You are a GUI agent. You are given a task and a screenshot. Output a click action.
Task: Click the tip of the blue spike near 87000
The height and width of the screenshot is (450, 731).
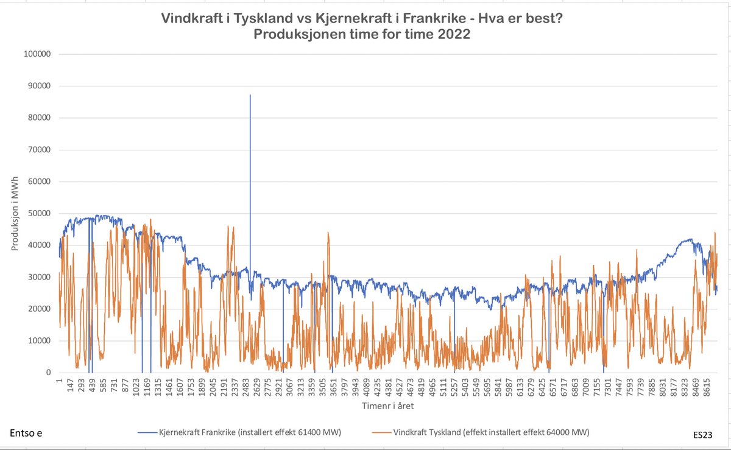250,96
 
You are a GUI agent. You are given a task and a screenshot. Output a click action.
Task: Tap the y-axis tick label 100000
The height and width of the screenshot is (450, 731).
37,54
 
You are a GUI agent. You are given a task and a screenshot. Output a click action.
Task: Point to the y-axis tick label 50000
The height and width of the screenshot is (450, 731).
39,214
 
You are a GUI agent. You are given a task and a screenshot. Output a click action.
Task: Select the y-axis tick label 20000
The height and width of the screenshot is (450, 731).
39,309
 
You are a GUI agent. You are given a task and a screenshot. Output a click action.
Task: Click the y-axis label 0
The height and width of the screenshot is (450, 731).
48,373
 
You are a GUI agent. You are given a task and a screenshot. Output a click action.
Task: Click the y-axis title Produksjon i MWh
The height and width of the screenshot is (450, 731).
15,213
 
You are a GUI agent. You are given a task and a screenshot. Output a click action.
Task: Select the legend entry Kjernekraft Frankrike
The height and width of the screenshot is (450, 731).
249,432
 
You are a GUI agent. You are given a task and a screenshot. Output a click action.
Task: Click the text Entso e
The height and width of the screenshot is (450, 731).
26,433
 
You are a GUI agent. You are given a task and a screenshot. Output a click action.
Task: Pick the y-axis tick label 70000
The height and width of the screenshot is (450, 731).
39,150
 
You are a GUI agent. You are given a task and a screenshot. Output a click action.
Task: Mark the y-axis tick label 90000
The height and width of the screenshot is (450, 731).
39,86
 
